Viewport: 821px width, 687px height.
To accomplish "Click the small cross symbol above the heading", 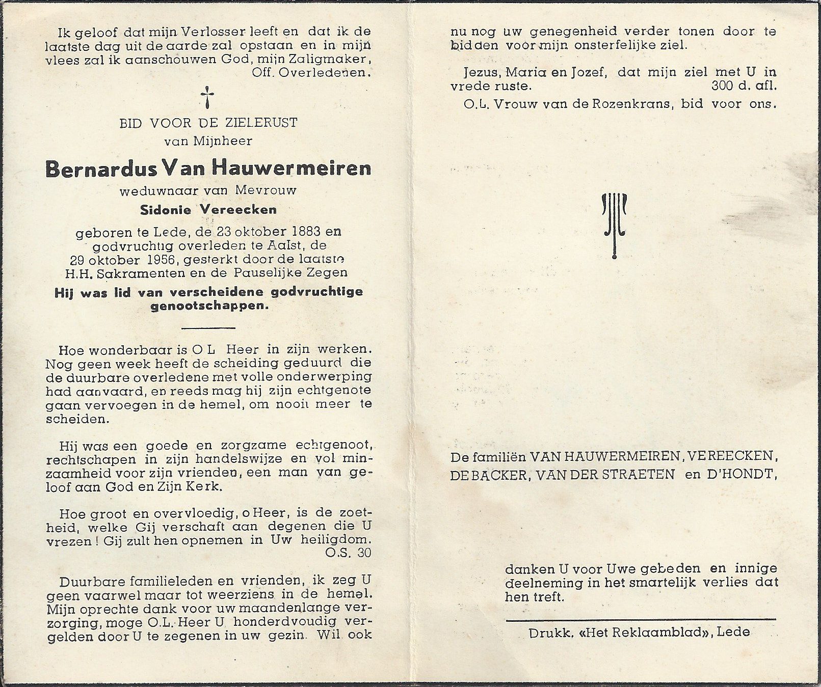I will tap(207, 97).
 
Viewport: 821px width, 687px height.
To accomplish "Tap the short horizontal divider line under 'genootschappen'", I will tap(208, 328).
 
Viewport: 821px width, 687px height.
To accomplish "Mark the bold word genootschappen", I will tap(207, 307).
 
